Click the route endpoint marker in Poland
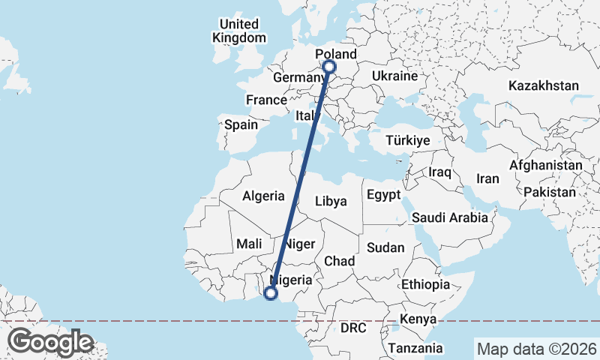329,67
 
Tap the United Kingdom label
238,31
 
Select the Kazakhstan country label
543,85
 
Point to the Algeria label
263,196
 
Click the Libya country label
331,201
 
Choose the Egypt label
385,195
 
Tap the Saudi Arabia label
450,217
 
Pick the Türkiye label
407,140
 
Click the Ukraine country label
394,76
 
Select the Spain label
241,124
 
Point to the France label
266,100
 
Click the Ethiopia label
425,284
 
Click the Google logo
50,342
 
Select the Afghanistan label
545,165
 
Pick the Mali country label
248,244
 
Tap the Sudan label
385,247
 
